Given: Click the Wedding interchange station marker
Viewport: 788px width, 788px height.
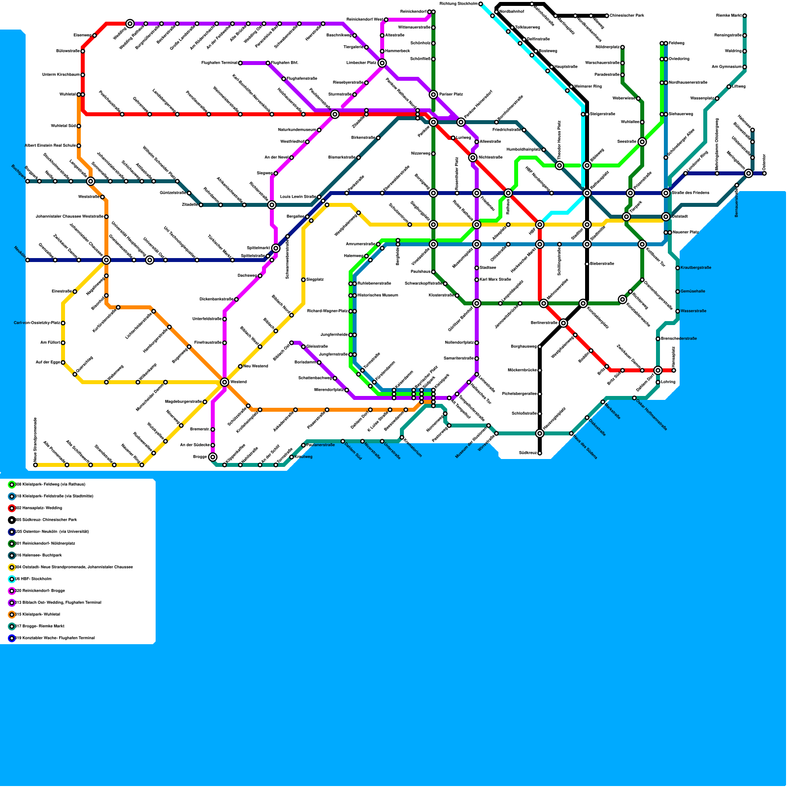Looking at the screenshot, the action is pyautogui.click(x=130, y=24).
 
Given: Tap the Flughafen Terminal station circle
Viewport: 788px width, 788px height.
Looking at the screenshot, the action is pyautogui.click(x=240, y=63).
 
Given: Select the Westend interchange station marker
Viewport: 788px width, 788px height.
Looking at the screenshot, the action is pyautogui.click(x=225, y=382).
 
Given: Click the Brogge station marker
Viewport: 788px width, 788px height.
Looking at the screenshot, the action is pyautogui.click(x=213, y=457).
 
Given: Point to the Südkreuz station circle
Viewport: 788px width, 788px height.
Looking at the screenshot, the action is pyautogui.click(x=540, y=453).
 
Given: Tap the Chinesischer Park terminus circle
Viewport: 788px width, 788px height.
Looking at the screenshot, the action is pyautogui.click(x=607, y=16).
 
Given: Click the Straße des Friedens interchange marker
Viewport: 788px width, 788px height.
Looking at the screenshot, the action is pyautogui.click(x=666, y=193).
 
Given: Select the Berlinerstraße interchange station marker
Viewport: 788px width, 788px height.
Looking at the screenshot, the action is pyautogui.click(x=563, y=323).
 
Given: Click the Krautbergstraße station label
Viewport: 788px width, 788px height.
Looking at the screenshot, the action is pyautogui.click(x=696, y=268).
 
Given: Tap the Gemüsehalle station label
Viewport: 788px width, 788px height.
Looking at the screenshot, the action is pyautogui.click(x=693, y=292).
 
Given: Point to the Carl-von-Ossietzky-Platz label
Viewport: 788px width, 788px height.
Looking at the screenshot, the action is pyautogui.click(x=37, y=323).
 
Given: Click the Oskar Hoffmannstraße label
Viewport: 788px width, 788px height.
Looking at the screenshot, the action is pyautogui.click(x=652, y=415).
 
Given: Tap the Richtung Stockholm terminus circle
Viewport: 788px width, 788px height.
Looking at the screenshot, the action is pyautogui.click(x=481, y=4).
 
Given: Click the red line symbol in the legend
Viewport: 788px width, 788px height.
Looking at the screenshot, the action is pyautogui.click(x=12, y=508).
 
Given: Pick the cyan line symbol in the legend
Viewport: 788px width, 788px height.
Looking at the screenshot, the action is pyautogui.click(x=12, y=579).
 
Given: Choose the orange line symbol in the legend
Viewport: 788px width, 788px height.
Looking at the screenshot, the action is pyautogui.click(x=12, y=615).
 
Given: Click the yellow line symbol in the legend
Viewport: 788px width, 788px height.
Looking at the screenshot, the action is pyautogui.click(x=12, y=567).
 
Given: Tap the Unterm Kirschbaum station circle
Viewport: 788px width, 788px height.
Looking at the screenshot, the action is pyautogui.click(x=83, y=75).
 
